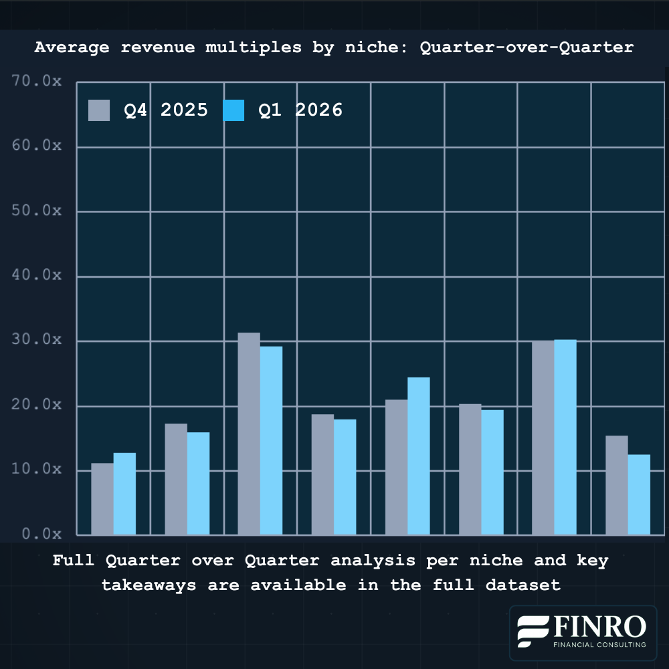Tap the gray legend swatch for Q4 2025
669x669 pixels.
click(99, 110)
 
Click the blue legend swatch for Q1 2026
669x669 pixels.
click(233, 110)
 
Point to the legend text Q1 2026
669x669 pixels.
click(300, 110)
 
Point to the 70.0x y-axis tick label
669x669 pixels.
click(37, 82)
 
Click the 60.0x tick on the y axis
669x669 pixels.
click(37, 147)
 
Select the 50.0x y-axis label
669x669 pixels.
click(37, 211)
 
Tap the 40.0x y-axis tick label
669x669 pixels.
click(37, 276)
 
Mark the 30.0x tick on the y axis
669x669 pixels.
click(37, 341)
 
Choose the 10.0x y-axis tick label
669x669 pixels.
click(37, 470)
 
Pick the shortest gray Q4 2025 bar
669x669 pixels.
click(102, 499)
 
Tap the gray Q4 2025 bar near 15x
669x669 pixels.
click(616, 485)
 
